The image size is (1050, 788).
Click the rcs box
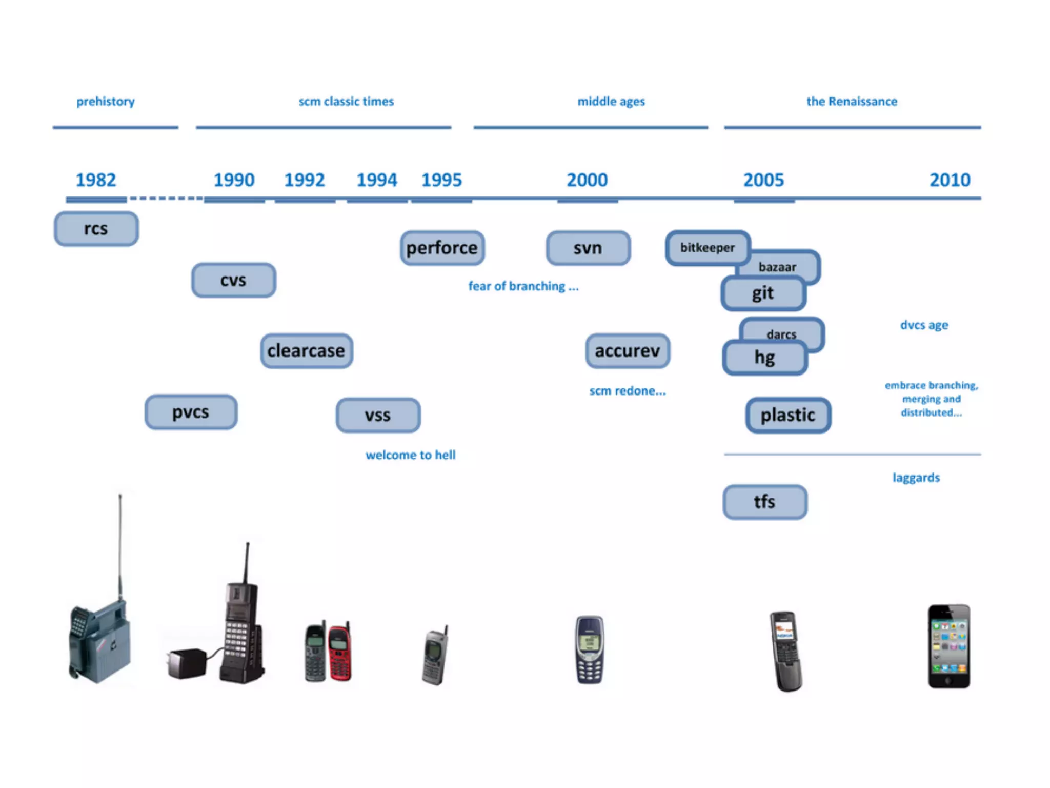(x=96, y=229)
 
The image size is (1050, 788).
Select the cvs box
(x=233, y=281)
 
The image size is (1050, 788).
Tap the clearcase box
(x=306, y=351)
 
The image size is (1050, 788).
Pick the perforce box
(x=442, y=248)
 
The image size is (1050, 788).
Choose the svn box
(x=588, y=248)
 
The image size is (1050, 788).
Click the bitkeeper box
(x=707, y=248)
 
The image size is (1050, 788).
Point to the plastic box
(x=787, y=415)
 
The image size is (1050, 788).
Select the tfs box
(x=764, y=502)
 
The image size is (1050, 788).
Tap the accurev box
(x=627, y=351)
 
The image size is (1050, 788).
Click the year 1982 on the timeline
(x=96, y=180)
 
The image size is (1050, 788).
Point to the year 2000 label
(x=587, y=180)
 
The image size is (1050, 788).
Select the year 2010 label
(x=950, y=180)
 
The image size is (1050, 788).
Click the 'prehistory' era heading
(x=106, y=102)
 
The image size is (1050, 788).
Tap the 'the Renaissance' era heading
(x=852, y=102)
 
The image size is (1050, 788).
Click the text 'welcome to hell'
(x=410, y=455)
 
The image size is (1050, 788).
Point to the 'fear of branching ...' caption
(x=523, y=286)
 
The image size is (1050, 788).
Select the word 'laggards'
(x=916, y=478)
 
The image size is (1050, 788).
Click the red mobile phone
(x=339, y=653)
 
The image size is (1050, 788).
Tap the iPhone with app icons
(x=948, y=646)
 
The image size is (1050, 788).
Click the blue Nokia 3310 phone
(x=590, y=650)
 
